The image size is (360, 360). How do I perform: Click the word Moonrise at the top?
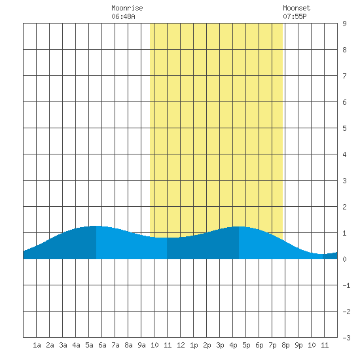tap(127, 8)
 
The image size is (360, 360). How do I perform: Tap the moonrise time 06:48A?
tap(123, 16)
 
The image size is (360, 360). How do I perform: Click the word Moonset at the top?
tap(297, 8)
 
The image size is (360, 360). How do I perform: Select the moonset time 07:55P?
tap(295, 16)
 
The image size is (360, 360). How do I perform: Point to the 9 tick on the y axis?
tap(344, 24)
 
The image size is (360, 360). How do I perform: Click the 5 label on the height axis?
tap(344, 128)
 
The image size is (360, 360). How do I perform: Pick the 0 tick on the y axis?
tap(344, 259)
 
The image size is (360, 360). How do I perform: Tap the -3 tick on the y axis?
tap(346, 338)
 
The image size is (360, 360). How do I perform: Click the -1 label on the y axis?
tap(346, 285)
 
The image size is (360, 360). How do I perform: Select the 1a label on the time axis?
tap(37, 345)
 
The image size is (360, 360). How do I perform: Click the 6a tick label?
tap(102, 345)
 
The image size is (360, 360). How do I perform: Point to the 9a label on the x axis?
tap(141, 345)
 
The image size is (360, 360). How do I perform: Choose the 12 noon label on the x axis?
tap(181, 345)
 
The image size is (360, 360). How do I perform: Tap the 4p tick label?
tap(233, 345)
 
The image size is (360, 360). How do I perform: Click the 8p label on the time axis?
tap(285, 345)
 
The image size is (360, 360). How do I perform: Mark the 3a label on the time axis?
tap(63, 345)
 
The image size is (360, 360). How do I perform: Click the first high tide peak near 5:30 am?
tap(96, 226)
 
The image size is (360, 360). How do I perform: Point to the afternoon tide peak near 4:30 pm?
tap(239, 226)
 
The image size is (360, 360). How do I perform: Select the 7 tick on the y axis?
tap(344, 76)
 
